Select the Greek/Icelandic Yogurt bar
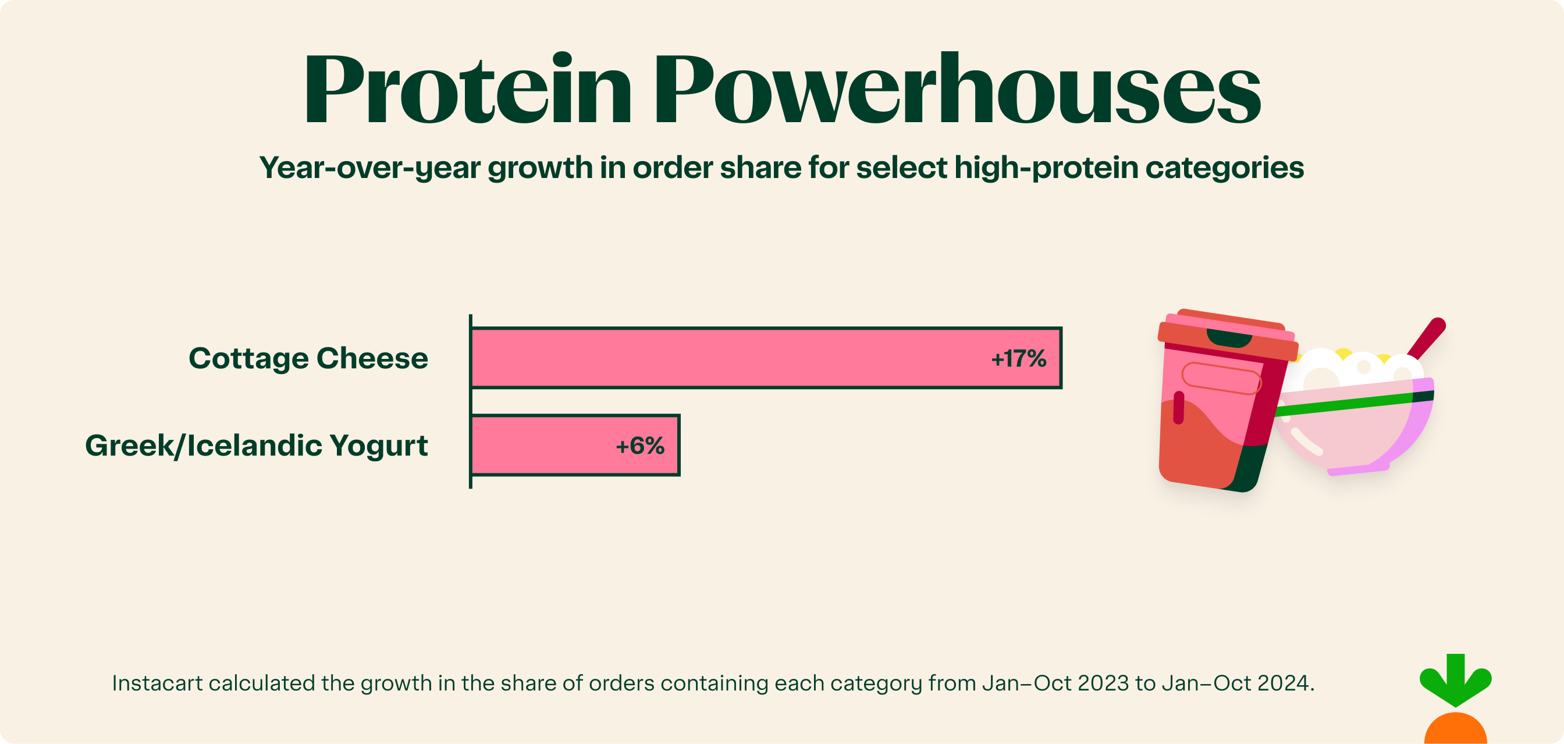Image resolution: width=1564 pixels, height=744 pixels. click(546, 446)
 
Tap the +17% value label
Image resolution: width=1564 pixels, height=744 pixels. click(1018, 359)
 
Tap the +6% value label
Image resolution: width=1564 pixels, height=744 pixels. click(640, 446)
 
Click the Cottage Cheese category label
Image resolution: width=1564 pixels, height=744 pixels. click(308, 358)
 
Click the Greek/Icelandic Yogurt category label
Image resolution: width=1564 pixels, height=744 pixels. click(256, 446)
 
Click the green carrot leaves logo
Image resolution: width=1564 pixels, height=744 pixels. click(1455, 679)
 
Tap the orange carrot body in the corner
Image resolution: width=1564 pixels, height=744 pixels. click(1455, 731)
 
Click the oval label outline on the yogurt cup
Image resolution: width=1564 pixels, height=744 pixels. click(1221, 379)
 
